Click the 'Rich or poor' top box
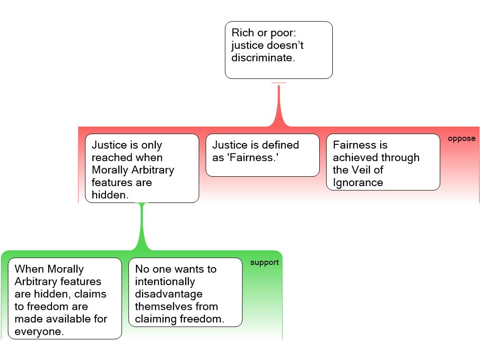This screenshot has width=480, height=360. pos(278,50)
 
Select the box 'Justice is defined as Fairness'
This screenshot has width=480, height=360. pos(262,155)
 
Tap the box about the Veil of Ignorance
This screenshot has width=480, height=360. pos(383,162)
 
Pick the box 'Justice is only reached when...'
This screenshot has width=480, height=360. pos(142,168)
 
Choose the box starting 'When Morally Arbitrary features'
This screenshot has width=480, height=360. pos(65,298)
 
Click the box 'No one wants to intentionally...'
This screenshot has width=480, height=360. pos(186,292)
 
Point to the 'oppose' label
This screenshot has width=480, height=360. pos(461,139)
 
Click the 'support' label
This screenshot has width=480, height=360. pos(264,262)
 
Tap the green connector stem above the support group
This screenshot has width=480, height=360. pos(142,226)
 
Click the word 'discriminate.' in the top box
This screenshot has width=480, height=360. pos(263,58)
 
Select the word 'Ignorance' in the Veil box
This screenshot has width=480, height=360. pos(358,183)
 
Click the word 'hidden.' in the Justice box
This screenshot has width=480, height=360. pos(110,195)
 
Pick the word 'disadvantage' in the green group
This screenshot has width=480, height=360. pos(169,294)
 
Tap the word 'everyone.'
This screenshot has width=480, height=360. pos(39,331)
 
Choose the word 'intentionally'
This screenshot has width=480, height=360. pos(165,282)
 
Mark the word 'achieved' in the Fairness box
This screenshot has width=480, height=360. pos(355,157)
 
